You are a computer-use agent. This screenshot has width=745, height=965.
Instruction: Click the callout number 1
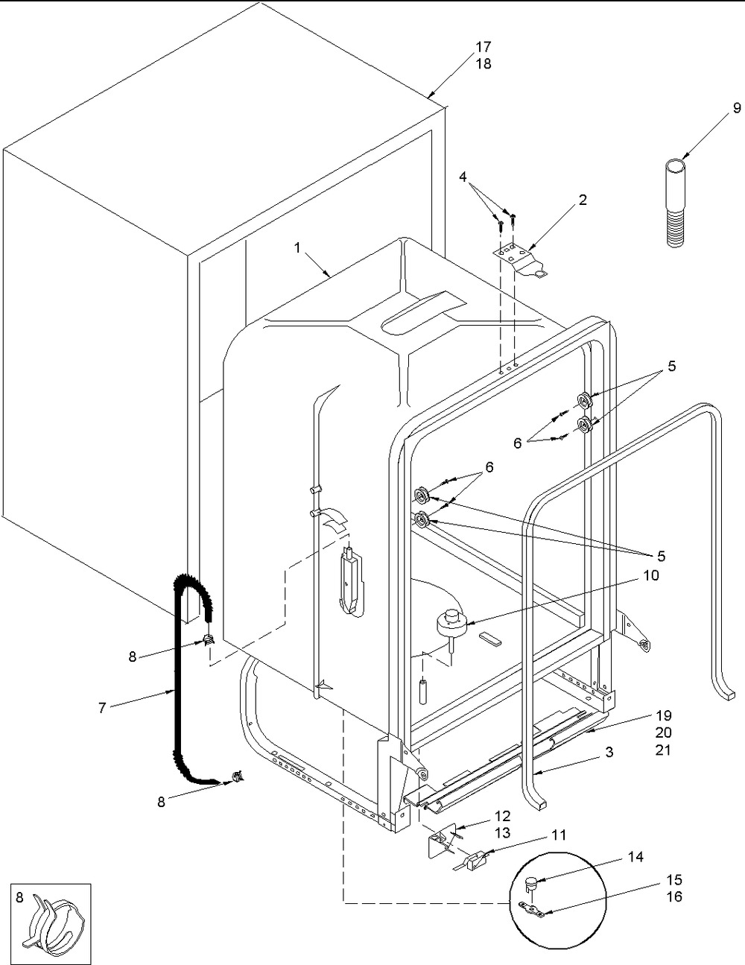tap(297, 248)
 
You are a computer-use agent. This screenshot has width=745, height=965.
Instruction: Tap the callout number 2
tap(582, 200)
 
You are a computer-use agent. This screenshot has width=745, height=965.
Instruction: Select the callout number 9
tap(737, 107)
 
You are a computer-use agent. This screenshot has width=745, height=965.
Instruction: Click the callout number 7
tap(102, 708)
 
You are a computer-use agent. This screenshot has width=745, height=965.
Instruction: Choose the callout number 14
tap(635, 857)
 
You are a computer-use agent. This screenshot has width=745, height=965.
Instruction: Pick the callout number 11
tap(559, 835)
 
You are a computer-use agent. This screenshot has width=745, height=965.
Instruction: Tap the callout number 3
tap(609, 752)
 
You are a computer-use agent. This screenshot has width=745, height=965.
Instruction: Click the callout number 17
tap(484, 46)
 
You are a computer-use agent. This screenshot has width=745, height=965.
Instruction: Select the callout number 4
tap(463, 177)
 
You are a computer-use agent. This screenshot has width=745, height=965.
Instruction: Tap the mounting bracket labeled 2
tap(523, 261)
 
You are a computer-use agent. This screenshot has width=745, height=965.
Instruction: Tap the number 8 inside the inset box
tap(19, 897)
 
